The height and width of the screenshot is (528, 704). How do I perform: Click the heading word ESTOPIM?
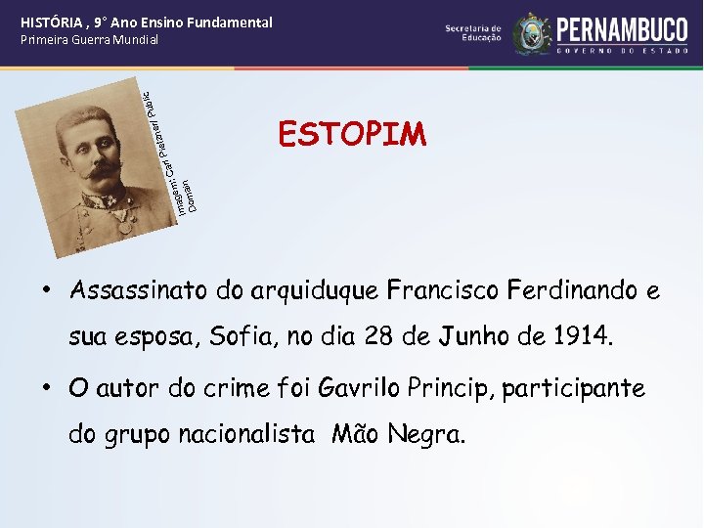[352, 133]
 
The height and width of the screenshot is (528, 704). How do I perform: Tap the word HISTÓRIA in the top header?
[53, 22]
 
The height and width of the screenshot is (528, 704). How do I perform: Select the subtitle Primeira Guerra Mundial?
[89, 40]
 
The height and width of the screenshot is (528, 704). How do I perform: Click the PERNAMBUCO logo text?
[621, 26]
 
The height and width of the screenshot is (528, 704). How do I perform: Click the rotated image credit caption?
[168, 152]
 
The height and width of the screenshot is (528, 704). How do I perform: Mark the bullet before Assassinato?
[46, 291]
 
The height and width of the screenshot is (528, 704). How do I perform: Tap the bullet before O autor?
[46, 388]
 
